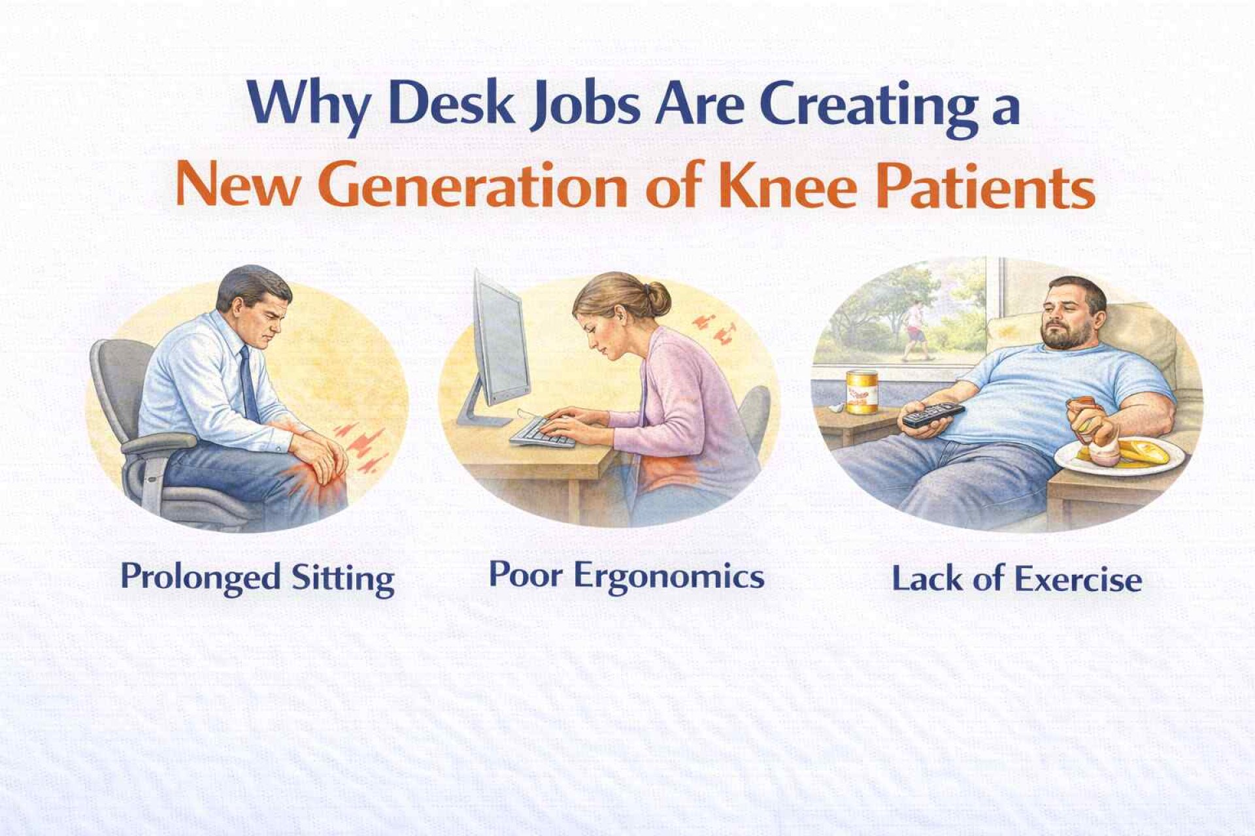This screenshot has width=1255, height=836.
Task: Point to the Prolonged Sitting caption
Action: (258, 578)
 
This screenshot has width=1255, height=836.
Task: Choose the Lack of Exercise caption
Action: (1017, 580)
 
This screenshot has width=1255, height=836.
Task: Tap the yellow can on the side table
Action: (862, 392)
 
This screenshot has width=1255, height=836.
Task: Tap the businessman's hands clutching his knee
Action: (317, 451)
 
